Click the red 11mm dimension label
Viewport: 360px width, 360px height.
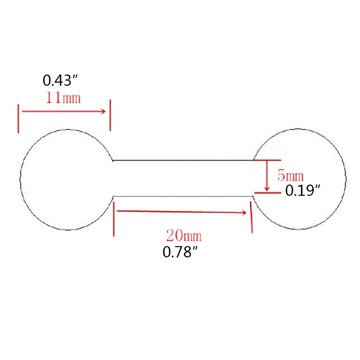tap(63, 98)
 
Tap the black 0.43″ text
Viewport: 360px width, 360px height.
tap(60, 81)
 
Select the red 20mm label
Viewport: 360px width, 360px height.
tap(184, 235)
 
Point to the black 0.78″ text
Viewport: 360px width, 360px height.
tap(180, 252)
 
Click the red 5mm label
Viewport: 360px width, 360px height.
tap(290, 175)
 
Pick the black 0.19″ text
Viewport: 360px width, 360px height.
tap(302, 190)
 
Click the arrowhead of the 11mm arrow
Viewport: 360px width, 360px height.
tap(103, 112)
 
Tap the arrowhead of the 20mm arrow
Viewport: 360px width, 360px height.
tap(244, 213)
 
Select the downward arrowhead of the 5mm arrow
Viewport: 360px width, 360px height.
tap(266, 189)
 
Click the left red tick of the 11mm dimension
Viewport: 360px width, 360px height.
tap(18, 119)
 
